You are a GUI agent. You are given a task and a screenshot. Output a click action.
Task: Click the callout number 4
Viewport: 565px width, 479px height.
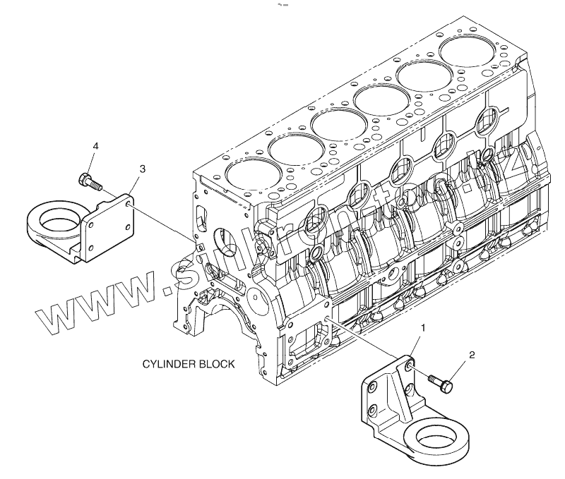click(95, 146)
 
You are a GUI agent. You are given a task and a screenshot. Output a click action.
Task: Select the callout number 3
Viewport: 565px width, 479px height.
click(143, 169)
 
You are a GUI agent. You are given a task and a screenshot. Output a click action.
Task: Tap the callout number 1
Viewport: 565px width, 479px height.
click(423, 328)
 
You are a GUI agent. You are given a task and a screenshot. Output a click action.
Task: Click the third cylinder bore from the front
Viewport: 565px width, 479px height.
click(338, 125)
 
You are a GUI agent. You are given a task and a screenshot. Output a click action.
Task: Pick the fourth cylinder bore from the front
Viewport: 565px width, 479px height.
click(381, 101)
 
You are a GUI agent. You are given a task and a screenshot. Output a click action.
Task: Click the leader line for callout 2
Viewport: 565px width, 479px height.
click(458, 368)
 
